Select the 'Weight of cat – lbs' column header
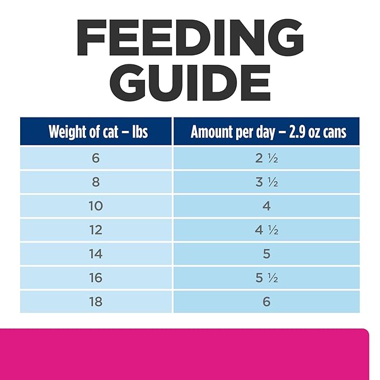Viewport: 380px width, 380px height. [96, 132]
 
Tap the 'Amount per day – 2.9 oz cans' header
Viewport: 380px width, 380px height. [266, 132]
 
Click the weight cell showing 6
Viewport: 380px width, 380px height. [96, 158]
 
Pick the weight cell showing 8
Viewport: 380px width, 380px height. [96, 182]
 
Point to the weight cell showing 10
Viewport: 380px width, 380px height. [96, 206]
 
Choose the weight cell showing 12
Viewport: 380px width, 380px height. [96, 230]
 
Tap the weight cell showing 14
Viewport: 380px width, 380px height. [96, 254]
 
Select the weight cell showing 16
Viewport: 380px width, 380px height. [96, 278]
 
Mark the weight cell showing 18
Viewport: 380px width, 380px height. [96, 302]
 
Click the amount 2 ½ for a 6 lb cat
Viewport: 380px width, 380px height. [266, 158]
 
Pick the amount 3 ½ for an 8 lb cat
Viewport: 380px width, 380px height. [266, 182]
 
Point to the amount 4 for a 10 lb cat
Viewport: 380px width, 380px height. [266, 206]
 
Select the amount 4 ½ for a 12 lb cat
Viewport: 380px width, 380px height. [266, 230]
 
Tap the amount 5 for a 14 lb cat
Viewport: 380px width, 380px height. [266, 254]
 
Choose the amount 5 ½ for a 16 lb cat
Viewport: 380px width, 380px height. [266, 278]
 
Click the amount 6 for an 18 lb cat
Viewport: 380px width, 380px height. [266, 302]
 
